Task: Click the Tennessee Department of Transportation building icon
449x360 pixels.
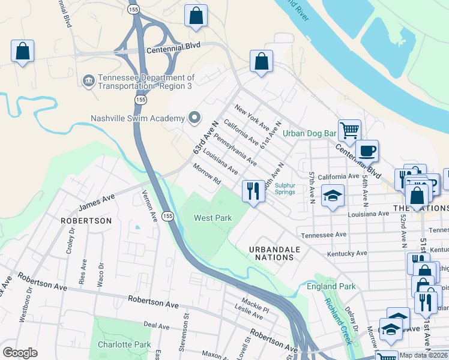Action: click(88, 80)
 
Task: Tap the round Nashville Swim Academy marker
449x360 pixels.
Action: click(194, 118)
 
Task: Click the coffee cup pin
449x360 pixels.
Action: click(367, 150)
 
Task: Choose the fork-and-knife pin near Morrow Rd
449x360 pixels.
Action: click(253, 191)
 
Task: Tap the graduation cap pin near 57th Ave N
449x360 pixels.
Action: click(332, 197)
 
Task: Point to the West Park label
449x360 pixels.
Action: click(212, 218)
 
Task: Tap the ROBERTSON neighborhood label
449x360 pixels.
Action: click(86, 221)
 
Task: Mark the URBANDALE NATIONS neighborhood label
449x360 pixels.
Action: click(272, 253)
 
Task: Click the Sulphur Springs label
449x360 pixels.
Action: click(285, 188)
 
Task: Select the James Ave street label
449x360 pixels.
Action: click(96, 202)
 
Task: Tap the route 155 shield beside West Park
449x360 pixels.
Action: click(169, 215)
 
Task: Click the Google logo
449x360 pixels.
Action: click(20, 353)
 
